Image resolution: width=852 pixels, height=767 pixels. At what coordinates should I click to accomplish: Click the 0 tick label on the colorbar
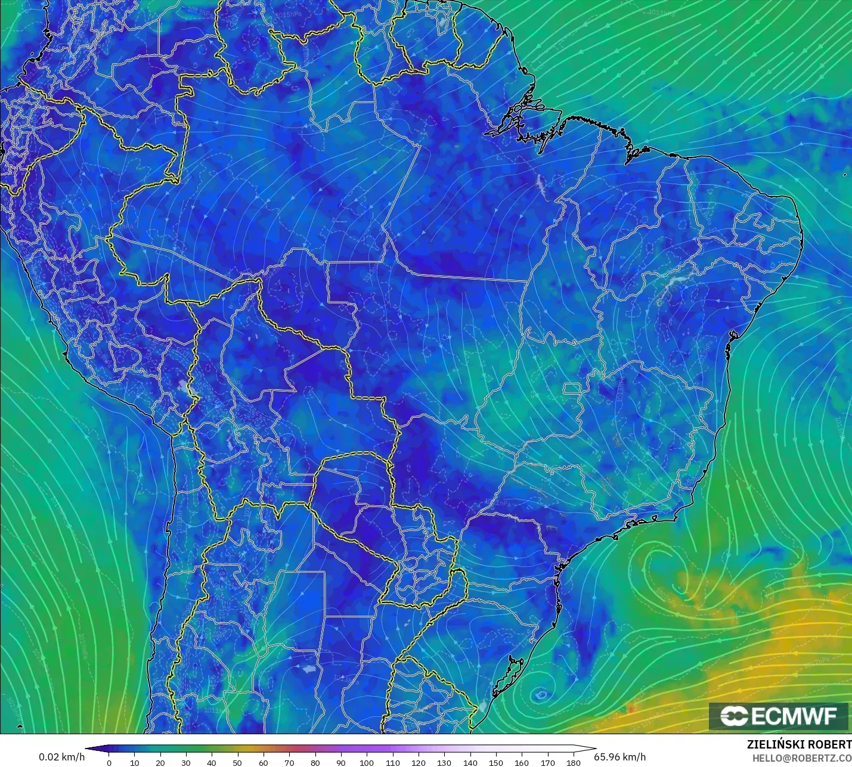click(109, 762)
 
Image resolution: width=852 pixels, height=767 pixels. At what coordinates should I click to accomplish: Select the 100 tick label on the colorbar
click(367, 762)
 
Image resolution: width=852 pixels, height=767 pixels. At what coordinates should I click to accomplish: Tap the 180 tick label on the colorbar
click(573, 762)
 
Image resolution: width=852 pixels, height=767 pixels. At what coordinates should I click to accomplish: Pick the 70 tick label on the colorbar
click(289, 762)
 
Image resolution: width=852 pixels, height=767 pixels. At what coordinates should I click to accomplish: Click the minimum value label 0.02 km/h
click(62, 757)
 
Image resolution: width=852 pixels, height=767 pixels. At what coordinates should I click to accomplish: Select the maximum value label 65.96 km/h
click(619, 757)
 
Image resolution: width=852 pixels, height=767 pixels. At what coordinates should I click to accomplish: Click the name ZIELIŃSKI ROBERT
click(799, 744)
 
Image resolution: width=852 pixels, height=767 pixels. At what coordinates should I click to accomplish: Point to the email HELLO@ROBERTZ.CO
click(801, 758)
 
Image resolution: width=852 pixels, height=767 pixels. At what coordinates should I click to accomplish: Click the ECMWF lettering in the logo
click(794, 716)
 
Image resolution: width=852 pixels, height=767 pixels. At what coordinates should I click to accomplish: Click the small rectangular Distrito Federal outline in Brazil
click(572, 389)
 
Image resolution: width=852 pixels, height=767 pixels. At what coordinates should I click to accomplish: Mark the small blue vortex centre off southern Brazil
click(541, 694)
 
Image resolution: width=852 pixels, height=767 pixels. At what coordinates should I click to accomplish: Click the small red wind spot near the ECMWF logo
click(631, 709)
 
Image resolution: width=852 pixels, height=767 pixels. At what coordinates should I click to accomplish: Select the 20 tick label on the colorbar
click(160, 762)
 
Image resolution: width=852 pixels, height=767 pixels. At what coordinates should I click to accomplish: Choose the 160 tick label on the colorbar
click(522, 762)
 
